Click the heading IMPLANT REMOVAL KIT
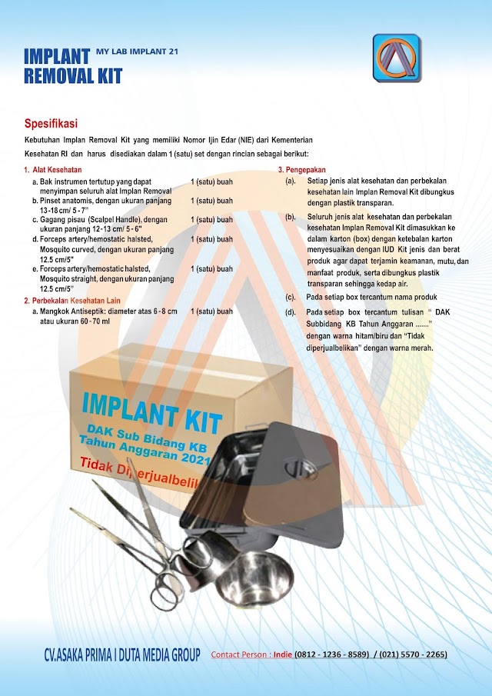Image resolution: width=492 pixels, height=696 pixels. pos(73,66)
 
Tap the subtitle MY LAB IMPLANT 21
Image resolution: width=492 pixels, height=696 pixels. pos(137,52)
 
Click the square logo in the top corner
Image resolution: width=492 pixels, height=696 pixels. pos(397,58)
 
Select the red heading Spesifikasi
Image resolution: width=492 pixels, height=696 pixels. pos(51,123)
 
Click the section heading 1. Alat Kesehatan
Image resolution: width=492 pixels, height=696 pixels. pos(53,169)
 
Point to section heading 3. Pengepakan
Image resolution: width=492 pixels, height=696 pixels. pos(301,169)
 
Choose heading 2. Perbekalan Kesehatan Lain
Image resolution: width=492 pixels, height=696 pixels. pos(72,301)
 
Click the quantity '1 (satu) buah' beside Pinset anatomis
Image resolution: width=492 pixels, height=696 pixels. pos(211,201)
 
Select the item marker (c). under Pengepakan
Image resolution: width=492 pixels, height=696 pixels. pos(291,297)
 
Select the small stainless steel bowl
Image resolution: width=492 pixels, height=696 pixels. pos(254,580)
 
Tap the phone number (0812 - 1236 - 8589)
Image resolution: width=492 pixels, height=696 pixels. pos(331,654)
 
